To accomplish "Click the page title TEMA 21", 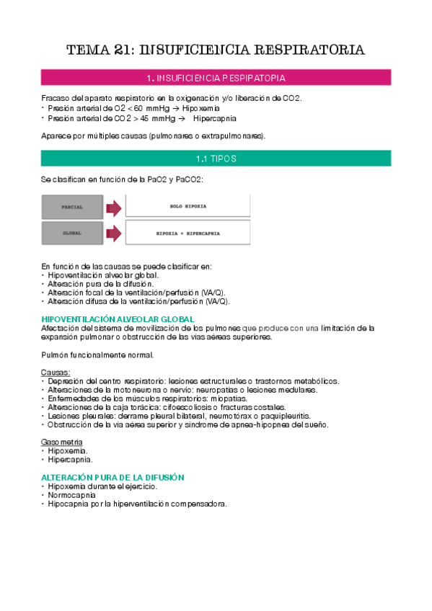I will point(216,50).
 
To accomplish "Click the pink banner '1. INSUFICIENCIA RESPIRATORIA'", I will point(216,77).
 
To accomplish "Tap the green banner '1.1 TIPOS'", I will point(216,158).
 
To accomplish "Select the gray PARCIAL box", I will point(72,207).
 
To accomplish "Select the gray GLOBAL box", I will point(72,233).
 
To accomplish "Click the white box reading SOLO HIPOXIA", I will point(188,207).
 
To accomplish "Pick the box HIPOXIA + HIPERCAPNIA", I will point(188,233).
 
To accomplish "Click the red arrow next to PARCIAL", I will point(114,208).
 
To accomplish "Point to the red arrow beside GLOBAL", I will point(114,233).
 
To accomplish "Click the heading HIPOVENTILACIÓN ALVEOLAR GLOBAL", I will point(118,319).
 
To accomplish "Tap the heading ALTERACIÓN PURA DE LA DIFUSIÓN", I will point(113,477).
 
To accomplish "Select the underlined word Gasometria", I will point(62,442).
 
